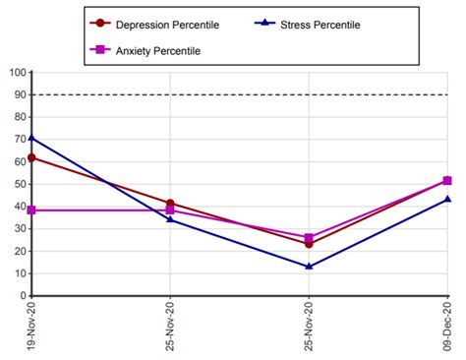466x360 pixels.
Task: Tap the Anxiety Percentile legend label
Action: (x=161, y=50)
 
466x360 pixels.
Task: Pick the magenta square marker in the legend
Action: (x=98, y=50)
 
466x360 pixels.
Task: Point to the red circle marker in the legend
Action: (x=98, y=23)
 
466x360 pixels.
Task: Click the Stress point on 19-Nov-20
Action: (x=32, y=138)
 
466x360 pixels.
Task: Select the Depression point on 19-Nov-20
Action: (x=32, y=157)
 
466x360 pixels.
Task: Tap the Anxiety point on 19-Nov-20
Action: (x=32, y=210)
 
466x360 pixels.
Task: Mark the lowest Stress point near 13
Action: (x=309, y=267)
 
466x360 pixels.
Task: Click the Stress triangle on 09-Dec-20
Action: (x=447, y=199)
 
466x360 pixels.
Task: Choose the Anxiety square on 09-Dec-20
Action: (x=447, y=181)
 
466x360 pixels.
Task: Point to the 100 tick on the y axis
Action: (x=15, y=72)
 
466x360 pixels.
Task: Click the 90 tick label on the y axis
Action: (x=18, y=94)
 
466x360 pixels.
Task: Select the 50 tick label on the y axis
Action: (x=18, y=184)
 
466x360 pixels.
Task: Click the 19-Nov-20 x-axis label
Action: (x=32, y=329)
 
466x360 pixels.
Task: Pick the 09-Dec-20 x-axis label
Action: (x=447, y=329)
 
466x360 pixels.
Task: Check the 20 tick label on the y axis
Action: (x=18, y=251)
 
